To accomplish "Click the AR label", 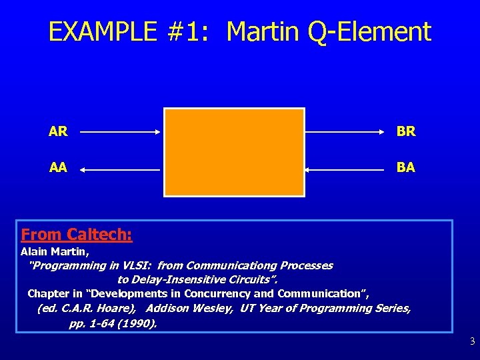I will coord(58,131).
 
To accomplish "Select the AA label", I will coord(58,167).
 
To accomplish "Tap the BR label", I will coord(406,131).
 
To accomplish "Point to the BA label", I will coord(406,167).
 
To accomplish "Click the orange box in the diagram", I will coord(234,152).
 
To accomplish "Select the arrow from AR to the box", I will coord(120,132).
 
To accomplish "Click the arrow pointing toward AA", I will coord(120,170).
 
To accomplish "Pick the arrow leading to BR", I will coord(347,132).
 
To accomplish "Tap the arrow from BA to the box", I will coord(347,170).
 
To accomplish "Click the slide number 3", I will coord(472,342).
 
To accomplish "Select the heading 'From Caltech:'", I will coord(77,235).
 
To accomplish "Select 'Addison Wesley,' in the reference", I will coord(189,309).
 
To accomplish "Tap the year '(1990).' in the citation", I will coord(137,323).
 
